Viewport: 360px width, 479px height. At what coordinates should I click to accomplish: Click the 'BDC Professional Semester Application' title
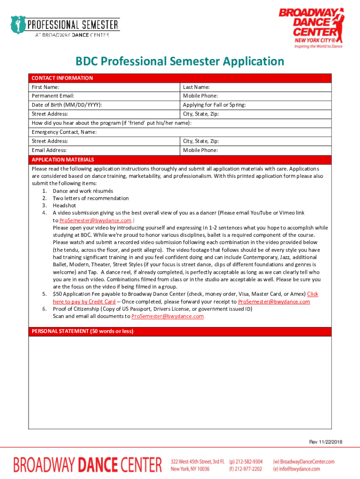pyautogui.click(x=180, y=62)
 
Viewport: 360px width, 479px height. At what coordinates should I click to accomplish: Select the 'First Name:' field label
pyautogui.click(x=45, y=87)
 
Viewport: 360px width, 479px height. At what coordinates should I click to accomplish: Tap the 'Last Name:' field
pyautogui.click(x=256, y=87)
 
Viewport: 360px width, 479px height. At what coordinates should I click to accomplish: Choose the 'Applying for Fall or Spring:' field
pyautogui.click(x=256, y=105)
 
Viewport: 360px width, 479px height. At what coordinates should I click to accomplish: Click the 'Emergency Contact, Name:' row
pyautogui.click(x=180, y=132)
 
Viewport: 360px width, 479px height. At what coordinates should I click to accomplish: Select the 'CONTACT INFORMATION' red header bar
pyautogui.click(x=180, y=78)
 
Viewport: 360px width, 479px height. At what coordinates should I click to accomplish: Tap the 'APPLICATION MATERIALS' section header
pyautogui.click(x=180, y=160)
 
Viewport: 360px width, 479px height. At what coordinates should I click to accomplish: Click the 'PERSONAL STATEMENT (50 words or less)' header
pyautogui.click(x=180, y=331)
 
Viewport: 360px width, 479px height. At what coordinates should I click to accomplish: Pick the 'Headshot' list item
pyautogui.click(x=64, y=205)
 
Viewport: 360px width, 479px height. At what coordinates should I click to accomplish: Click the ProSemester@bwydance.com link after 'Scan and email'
pyautogui.click(x=167, y=316)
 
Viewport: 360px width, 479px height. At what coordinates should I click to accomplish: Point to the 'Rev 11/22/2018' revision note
pyautogui.click(x=325, y=442)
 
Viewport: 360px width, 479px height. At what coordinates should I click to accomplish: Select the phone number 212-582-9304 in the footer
pyautogui.click(x=250, y=461)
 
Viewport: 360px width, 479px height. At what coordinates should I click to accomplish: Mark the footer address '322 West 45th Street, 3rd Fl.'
pyautogui.click(x=198, y=461)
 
